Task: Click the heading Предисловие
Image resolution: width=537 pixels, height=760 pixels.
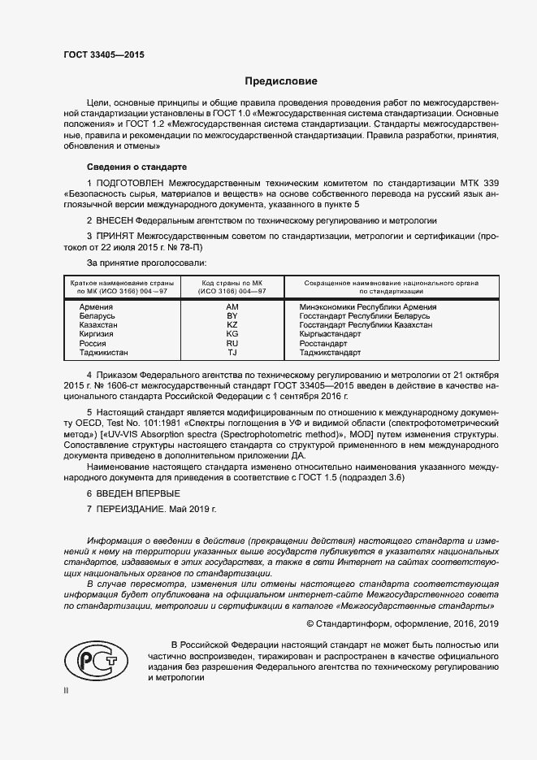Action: [x=281, y=81]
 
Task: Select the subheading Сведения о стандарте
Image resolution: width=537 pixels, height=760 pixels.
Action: [x=136, y=166]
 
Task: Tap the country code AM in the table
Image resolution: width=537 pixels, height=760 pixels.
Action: [x=232, y=307]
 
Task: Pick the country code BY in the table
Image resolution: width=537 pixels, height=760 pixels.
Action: [x=232, y=316]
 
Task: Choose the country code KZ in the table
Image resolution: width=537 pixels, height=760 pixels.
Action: [x=232, y=325]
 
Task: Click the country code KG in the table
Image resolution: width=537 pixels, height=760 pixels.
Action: [x=232, y=334]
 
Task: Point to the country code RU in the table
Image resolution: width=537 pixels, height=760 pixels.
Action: [x=232, y=344]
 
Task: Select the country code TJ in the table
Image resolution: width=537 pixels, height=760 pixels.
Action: [x=232, y=353]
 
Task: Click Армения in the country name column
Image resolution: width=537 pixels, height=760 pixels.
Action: [x=96, y=307]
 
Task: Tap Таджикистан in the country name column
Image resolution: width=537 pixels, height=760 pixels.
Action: [x=103, y=353]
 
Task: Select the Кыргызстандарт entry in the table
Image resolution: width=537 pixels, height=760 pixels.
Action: [x=330, y=334]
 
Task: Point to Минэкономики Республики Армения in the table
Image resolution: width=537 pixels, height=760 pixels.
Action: [x=367, y=307]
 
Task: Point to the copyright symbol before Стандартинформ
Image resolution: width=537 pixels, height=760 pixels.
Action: [x=310, y=623]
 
